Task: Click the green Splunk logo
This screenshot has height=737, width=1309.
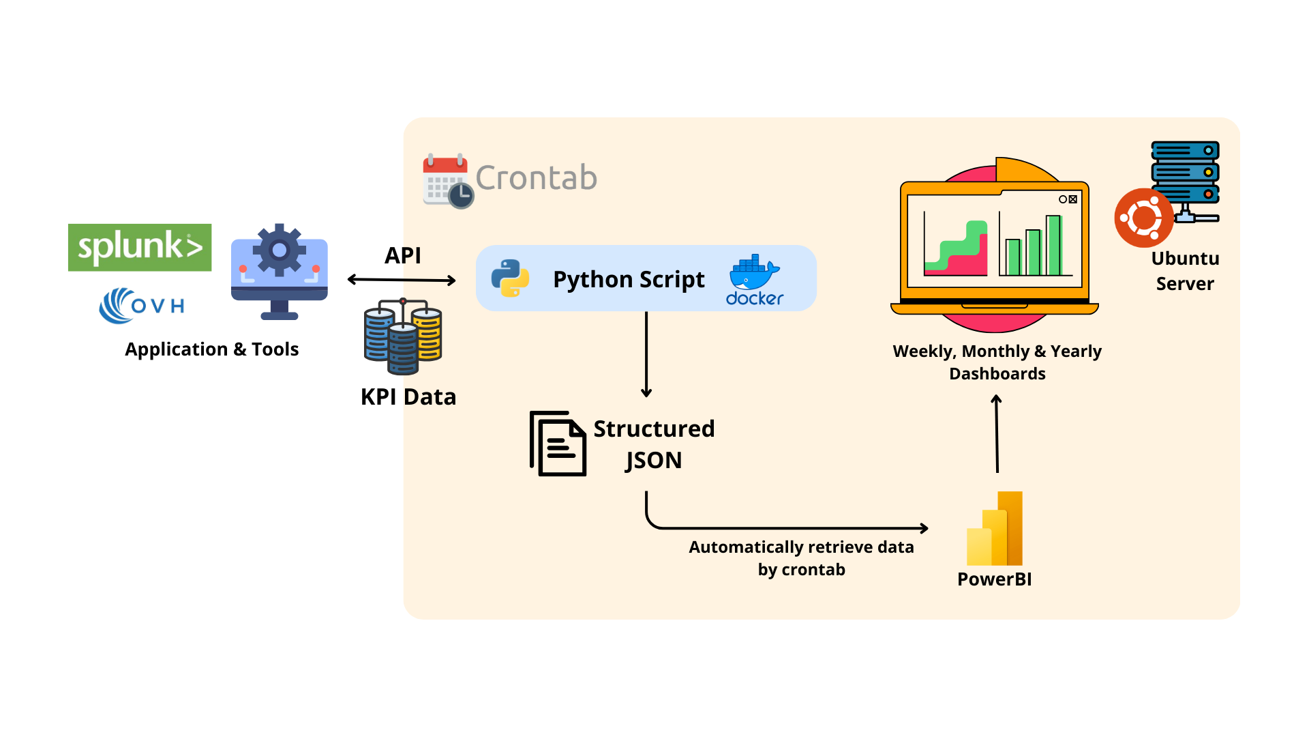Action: pos(140,247)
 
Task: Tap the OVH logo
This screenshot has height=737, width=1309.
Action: pos(142,305)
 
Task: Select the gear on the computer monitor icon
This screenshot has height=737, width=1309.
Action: pos(279,250)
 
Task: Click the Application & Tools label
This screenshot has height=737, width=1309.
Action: pos(211,349)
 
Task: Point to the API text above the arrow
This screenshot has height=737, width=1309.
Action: pos(402,255)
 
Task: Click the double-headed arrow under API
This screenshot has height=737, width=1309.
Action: pos(402,280)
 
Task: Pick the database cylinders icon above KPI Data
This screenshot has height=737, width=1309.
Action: pos(403,336)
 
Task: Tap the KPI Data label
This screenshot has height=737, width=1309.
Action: pos(408,397)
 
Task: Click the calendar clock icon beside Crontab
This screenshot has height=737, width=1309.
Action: pos(447,181)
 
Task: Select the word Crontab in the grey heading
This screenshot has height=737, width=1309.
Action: pos(536,178)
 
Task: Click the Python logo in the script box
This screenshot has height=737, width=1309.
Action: pos(510,278)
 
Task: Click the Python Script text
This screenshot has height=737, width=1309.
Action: pos(629,280)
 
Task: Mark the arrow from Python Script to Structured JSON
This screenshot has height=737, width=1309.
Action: pos(646,355)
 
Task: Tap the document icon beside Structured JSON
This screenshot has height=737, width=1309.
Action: pos(558,444)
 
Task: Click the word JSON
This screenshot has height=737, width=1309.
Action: pos(654,461)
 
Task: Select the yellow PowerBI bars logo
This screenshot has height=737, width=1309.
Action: pos(995,529)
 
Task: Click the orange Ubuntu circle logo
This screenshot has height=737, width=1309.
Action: pos(1143,218)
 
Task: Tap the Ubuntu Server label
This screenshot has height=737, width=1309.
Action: pos(1185,271)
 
